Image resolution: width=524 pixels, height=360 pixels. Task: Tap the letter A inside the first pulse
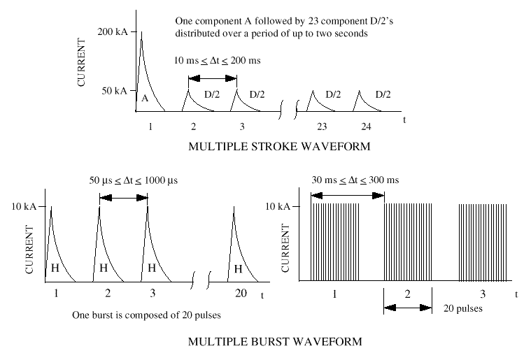coord(145,99)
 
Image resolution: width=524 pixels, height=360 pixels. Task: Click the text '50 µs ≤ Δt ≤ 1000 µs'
coord(123,180)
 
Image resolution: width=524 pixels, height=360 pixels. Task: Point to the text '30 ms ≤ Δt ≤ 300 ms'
coord(355,180)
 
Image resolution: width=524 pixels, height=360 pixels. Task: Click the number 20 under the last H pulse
coord(241,294)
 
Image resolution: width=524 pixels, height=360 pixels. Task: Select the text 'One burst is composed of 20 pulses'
coord(146,315)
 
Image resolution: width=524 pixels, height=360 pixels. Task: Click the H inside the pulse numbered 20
coord(239,268)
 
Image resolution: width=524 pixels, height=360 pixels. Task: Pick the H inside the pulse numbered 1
coord(55,268)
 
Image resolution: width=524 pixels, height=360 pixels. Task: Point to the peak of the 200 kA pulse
coord(142,32)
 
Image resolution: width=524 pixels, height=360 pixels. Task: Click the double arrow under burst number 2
coord(408,308)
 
